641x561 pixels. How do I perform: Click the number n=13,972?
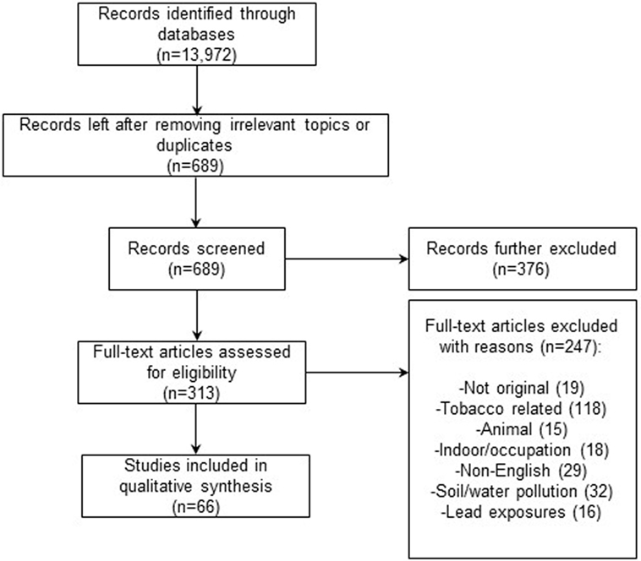(197, 55)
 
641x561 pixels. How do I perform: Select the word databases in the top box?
(196, 34)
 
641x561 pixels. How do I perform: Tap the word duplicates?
(194, 145)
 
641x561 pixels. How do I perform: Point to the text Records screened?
(196, 248)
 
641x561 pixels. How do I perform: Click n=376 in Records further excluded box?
(521, 269)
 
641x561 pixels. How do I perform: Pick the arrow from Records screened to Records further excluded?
(347, 259)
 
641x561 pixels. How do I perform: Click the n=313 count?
(191, 393)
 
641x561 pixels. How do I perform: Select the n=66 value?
(196, 507)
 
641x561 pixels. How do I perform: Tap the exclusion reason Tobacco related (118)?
(521, 409)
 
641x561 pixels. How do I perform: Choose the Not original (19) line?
(521, 388)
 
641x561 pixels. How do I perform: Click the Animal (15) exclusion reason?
(522, 429)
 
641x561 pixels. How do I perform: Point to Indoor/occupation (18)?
(522, 450)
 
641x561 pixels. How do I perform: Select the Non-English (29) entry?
(521, 471)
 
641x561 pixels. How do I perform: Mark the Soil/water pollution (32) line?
(522, 491)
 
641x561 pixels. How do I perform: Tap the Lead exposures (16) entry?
(521, 512)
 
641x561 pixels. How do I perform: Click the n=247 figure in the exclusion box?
(567, 346)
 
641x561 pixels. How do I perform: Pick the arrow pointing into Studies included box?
(196, 429)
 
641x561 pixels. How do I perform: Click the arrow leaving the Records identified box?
(197, 90)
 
